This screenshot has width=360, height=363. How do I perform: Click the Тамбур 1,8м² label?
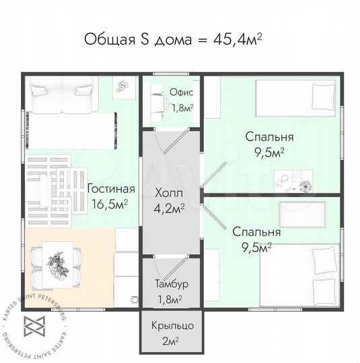[x=170, y=290]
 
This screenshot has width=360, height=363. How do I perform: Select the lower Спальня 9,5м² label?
[x=256, y=239]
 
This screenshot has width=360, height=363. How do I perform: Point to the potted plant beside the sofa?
[x=122, y=86]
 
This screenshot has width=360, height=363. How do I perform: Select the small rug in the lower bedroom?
[x=301, y=212]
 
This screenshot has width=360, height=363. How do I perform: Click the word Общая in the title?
[x=108, y=39]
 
